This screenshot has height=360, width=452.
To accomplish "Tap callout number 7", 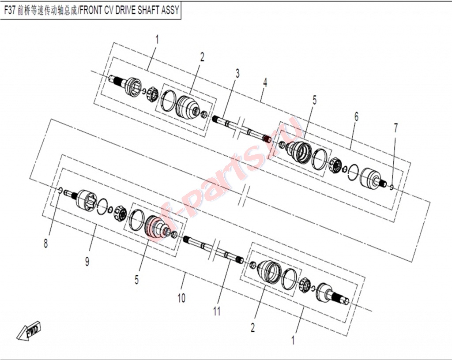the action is tap(395, 128).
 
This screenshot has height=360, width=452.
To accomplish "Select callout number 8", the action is tap(46, 244).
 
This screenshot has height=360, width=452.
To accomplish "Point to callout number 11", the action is tap(217, 311).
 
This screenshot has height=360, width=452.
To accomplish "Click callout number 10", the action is tap(181, 298).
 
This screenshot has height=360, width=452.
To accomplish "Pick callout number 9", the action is tap(87, 262).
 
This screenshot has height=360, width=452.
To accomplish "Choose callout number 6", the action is tap(356, 116).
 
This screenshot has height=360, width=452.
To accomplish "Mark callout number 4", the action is tap(265, 82).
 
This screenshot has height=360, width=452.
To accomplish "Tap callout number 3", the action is tap(237, 73).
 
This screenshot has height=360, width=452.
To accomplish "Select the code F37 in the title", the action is tap(10, 11).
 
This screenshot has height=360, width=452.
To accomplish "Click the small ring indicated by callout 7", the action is tap(392, 187).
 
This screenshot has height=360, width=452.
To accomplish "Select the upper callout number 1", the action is tap(157, 39).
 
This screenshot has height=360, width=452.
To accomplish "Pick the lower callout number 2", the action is tap(253, 327).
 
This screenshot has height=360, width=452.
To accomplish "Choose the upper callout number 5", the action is tap(314, 100).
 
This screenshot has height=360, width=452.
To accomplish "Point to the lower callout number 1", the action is tap(293, 340).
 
